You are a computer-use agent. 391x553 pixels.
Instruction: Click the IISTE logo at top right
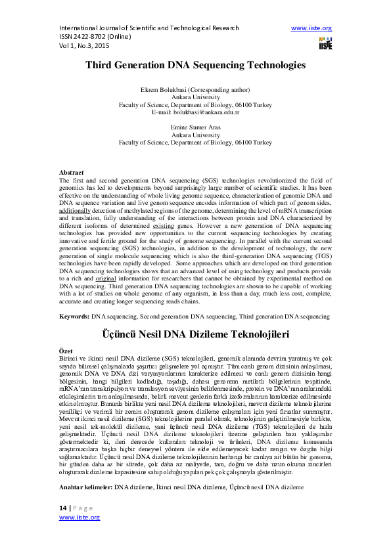click(x=325, y=43)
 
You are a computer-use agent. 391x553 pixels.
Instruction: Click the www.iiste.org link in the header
click(x=311, y=28)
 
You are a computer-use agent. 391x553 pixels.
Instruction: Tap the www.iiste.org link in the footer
click(x=80, y=518)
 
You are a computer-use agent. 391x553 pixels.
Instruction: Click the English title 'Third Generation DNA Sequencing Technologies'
click(x=195, y=66)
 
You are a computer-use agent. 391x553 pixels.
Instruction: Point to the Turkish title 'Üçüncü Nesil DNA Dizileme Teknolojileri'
click(x=195, y=334)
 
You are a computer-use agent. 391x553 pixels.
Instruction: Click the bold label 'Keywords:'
click(x=74, y=317)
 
